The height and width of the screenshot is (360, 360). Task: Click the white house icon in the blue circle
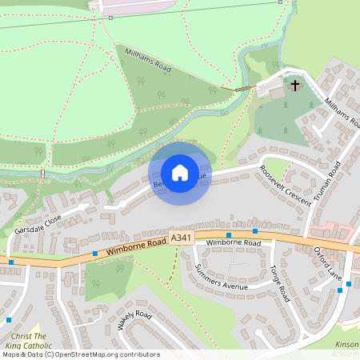(179, 173)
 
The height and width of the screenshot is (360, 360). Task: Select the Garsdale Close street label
(37, 223)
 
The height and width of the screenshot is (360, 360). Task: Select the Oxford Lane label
(327, 262)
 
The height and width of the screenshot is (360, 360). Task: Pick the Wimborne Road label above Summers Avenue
(234, 242)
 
